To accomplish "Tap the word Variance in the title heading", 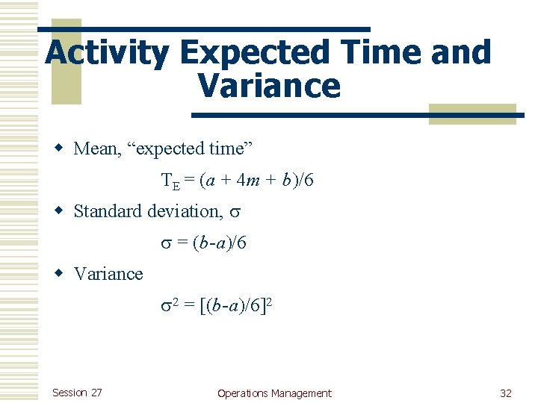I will click(269, 87).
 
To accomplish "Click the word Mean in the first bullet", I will click(96, 149).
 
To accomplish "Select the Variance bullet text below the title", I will click(108, 274).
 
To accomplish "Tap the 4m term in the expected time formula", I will click(244, 180).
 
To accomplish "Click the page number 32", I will click(506, 393).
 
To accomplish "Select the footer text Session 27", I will click(77, 393).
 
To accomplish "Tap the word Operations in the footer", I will click(243, 393).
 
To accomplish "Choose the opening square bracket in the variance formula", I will click(203, 305).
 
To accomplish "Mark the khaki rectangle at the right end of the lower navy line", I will click(472, 113).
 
